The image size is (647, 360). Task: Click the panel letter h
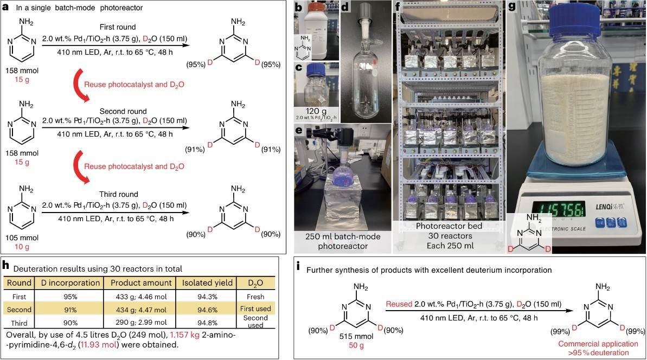point(5,265)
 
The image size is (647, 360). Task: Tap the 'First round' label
point(118,27)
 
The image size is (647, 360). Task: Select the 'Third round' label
point(118,194)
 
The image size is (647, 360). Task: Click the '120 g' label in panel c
point(315,111)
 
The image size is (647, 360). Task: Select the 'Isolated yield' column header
point(207,283)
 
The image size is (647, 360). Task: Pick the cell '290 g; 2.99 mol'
point(140,323)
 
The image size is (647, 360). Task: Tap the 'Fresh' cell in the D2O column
point(255,297)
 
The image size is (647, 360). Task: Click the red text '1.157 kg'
point(184,335)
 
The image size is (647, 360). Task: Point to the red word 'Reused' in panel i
point(399,304)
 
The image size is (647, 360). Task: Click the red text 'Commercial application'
point(598,344)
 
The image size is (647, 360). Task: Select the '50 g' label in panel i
point(356,345)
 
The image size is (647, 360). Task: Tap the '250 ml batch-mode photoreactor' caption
point(343,241)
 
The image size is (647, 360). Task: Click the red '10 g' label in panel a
point(22,247)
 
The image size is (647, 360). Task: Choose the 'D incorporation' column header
point(70,283)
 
